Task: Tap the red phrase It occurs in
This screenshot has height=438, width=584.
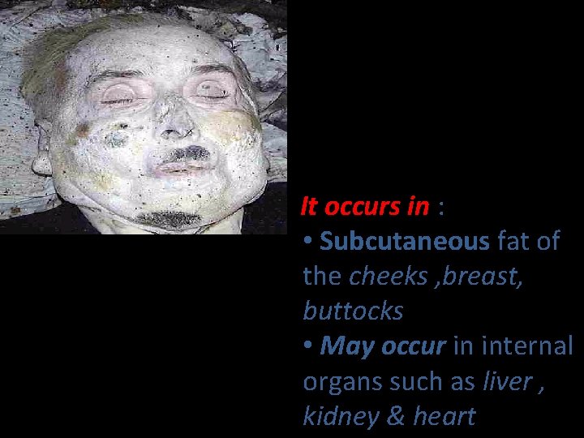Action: coord(364,207)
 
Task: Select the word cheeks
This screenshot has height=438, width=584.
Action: coord(388,277)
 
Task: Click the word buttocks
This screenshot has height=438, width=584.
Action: coord(353,311)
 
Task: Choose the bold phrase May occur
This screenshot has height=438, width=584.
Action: coord(383,346)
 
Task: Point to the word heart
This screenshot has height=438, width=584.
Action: coord(444,416)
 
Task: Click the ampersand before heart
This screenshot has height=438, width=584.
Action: coord(397,416)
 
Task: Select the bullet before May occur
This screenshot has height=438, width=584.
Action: coord(308,347)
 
